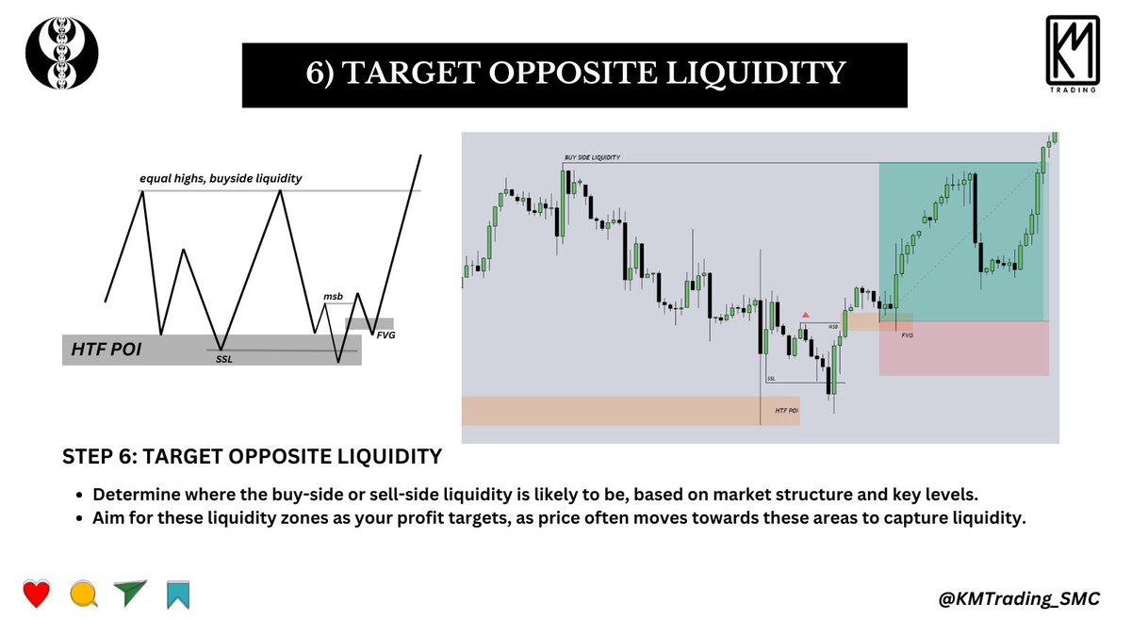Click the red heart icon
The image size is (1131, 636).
click(x=36, y=595)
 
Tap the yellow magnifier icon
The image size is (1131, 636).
click(x=83, y=595)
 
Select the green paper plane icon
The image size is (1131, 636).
click(x=130, y=594)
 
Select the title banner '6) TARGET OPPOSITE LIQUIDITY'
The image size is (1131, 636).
click(x=575, y=74)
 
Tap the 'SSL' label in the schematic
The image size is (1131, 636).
click(x=223, y=359)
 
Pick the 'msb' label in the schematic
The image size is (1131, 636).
click(x=332, y=296)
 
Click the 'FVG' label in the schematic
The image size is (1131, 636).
click(x=385, y=335)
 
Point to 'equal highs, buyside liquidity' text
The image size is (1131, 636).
click(x=220, y=177)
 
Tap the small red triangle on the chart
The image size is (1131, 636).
click(x=805, y=314)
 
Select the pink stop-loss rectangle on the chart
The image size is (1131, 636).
click(x=963, y=349)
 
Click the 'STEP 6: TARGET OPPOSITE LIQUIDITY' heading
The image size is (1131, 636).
click(x=252, y=458)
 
